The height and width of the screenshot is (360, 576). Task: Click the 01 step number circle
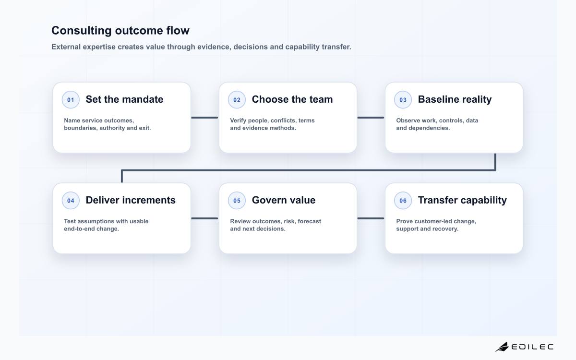coord(71,99)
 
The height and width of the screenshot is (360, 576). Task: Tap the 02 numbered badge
coord(237,99)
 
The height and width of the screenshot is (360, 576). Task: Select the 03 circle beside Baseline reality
coord(403,99)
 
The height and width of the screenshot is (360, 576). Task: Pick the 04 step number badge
coord(71,200)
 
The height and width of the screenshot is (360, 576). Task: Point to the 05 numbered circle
coord(237,200)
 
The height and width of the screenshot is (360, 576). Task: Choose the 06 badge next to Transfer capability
coord(403,200)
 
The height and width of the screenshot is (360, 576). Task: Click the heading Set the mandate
coord(124,99)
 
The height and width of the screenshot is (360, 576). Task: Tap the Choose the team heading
coord(292,99)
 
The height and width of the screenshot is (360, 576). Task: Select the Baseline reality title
coord(455,99)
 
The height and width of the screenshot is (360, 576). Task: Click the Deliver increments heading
coord(131,200)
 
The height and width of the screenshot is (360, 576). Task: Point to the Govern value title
coord(284,200)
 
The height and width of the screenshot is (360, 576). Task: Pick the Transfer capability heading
coord(462,200)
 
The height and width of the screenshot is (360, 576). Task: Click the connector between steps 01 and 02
coord(204,118)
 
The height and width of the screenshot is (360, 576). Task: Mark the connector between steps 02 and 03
coord(371,118)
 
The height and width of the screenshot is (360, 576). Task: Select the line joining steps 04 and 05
coord(204,218)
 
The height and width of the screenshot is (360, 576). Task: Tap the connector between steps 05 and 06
coord(371,218)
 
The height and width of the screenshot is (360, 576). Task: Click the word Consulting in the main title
coord(82,31)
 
